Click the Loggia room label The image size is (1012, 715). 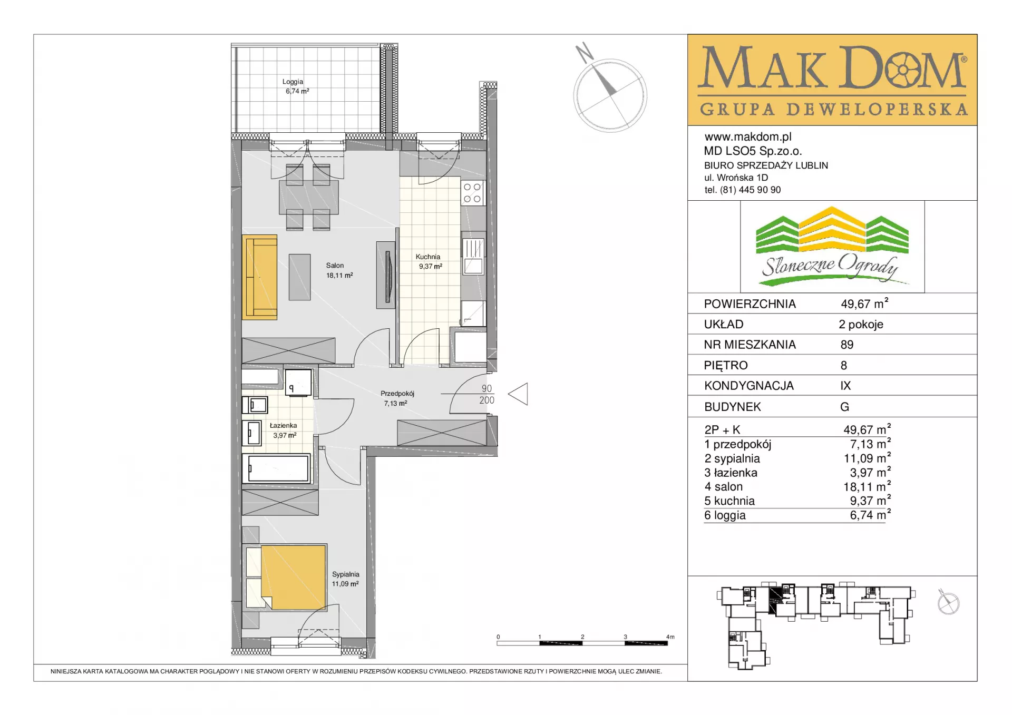tap(293, 82)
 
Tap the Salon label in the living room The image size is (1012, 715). tap(335, 266)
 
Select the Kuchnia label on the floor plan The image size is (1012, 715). tap(427, 257)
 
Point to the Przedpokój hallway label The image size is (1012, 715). tap(397, 394)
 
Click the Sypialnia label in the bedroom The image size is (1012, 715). tap(346, 574)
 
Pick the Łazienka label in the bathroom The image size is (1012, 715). tap(283, 425)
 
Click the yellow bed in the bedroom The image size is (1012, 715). tap(293, 577)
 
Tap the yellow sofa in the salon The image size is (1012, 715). tap(259, 277)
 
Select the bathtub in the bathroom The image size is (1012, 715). tap(278, 468)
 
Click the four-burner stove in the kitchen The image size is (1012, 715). tap(472, 193)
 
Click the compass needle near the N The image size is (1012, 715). tap(604, 80)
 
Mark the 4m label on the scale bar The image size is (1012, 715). tap(670, 637)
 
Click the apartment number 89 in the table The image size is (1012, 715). tap(847, 345)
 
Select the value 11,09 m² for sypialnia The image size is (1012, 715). tap(867, 458)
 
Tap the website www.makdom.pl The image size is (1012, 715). tap(748, 137)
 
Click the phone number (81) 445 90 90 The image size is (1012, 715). tap(751, 190)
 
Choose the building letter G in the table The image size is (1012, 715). tap(844, 407)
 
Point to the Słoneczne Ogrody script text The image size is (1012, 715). tap(830, 266)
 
